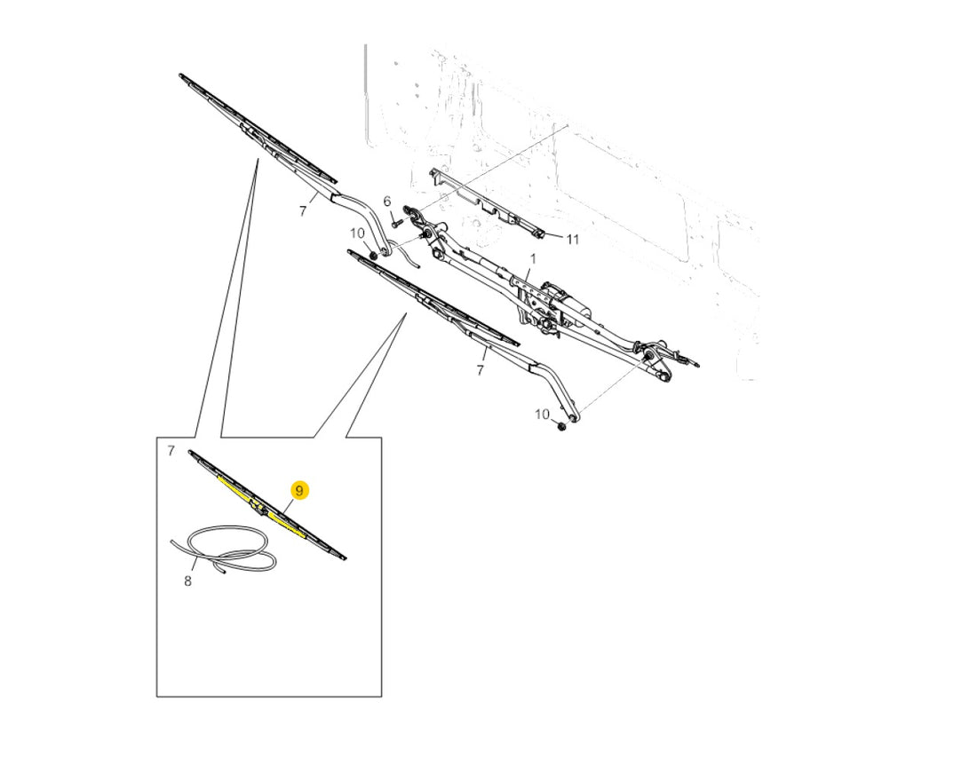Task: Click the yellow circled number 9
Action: (299, 491)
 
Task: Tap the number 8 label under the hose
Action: (187, 582)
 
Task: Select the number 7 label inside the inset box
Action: (171, 450)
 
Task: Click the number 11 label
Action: (573, 239)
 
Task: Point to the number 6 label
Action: (387, 201)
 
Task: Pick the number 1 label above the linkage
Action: (533, 257)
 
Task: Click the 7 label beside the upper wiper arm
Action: (303, 211)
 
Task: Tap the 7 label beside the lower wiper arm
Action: (480, 370)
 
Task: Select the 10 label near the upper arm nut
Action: (357, 233)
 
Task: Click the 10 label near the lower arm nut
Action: (542, 414)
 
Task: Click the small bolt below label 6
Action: (395, 220)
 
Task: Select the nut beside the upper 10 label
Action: (373, 256)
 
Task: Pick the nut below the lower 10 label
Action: (560, 426)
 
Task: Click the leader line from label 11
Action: (554, 237)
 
